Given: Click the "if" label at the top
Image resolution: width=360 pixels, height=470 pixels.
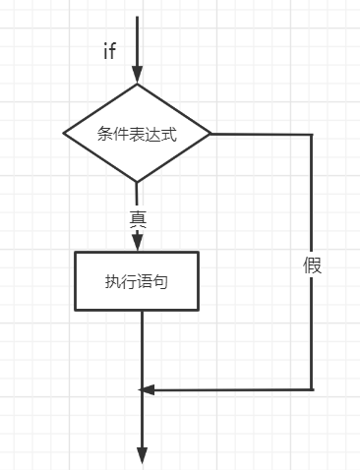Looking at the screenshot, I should click(110, 51).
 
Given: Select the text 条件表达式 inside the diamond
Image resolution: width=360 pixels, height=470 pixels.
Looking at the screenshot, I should click(138, 134).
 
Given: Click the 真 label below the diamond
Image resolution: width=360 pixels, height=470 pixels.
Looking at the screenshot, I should click(138, 218).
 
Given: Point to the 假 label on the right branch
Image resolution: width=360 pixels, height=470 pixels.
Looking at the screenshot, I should click(313, 265).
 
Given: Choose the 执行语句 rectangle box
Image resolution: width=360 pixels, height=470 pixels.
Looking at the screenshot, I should click(138, 281).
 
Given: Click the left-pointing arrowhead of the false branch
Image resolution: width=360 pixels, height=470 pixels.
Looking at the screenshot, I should click(148, 389).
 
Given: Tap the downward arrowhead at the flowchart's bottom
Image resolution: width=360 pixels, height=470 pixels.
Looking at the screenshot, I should click(142, 455).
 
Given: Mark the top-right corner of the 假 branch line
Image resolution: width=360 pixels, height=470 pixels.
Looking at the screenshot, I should click(312, 134).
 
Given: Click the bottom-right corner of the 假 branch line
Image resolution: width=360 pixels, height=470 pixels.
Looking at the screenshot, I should click(312, 389).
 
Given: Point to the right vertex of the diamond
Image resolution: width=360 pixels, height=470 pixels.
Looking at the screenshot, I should click(211, 134).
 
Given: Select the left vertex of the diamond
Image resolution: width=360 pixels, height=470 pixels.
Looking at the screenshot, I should click(64, 134).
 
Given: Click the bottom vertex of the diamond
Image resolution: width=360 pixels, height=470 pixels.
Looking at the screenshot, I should click(138, 182).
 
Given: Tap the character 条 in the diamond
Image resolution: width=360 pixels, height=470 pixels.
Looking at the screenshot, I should click(105, 134).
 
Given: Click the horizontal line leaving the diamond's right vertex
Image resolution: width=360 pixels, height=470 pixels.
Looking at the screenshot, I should click(261, 134).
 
